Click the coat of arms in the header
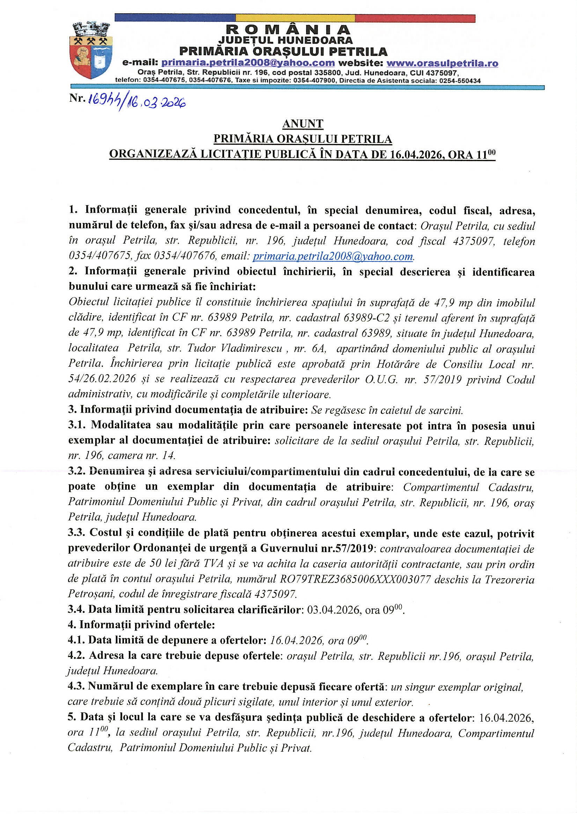point(92,50)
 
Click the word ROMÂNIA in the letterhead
point(288,30)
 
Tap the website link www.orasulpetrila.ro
point(442,63)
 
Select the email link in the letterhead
point(248,63)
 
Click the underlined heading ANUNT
point(303,124)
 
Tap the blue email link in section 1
point(333,256)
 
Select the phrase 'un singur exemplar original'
point(457,687)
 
